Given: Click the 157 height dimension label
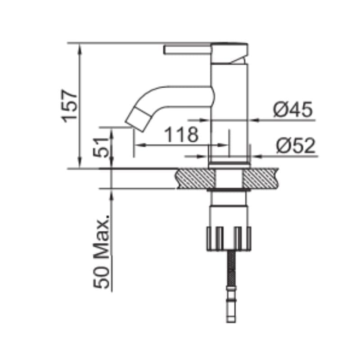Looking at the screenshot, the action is point(69,106).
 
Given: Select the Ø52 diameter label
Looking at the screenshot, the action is point(296,145).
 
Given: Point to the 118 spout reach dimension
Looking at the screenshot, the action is point(181,134).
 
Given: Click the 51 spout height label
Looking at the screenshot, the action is point(100,147).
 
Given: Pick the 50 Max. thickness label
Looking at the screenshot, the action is point(101,252).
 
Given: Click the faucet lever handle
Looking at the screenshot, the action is point(187,50).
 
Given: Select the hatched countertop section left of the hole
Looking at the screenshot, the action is point(195,179).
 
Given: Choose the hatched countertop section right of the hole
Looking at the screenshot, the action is point(261,179).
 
